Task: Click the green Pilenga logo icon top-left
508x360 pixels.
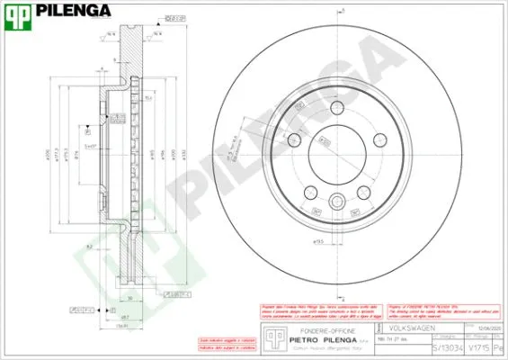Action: pyautogui.click(x=17, y=12)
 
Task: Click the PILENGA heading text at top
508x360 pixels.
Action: pyautogui.click(x=73, y=12)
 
